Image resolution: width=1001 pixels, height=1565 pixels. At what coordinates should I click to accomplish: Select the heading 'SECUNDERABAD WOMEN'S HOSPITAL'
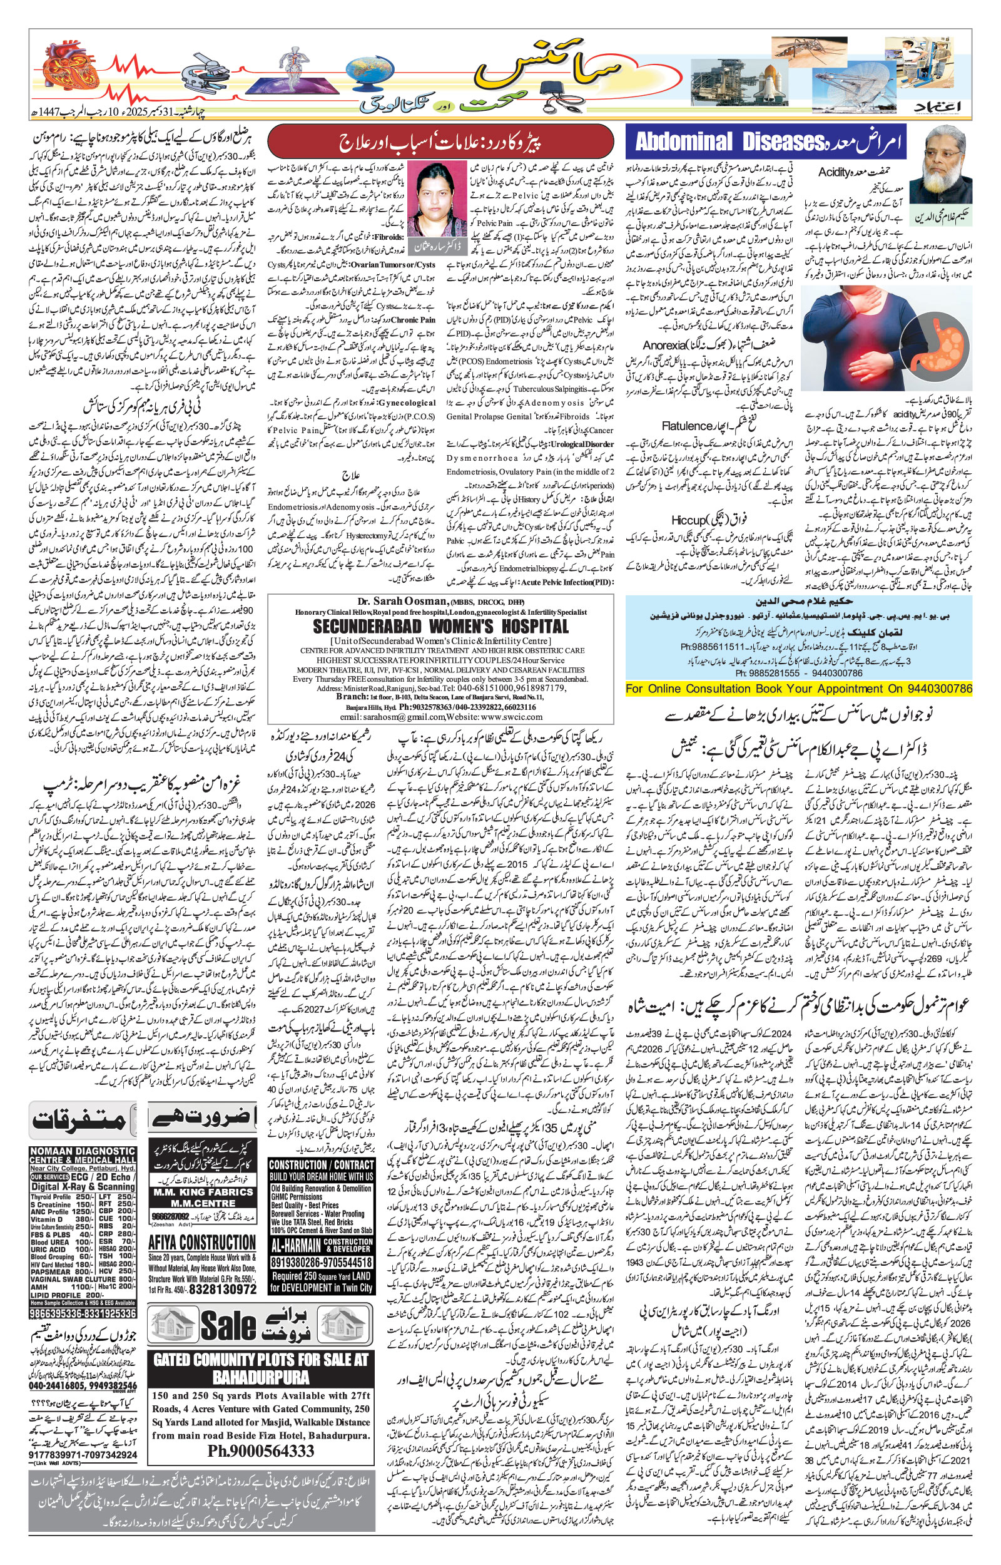[x=440, y=627]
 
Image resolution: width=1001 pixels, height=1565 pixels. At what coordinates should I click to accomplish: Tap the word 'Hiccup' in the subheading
[x=689, y=520]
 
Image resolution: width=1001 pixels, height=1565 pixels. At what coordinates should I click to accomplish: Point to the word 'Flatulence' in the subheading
[x=687, y=426]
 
